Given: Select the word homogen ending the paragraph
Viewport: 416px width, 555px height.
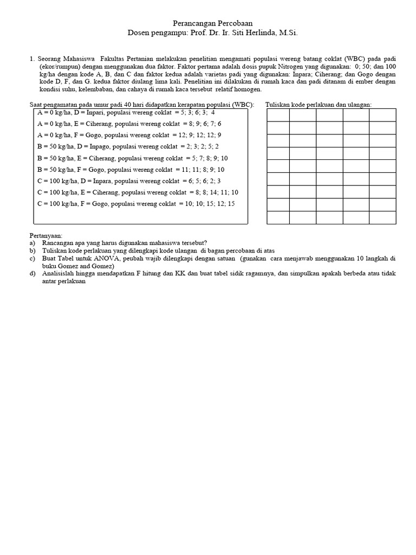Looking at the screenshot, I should coord(248,89).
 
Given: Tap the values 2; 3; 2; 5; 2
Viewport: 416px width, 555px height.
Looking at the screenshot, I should coord(201,147).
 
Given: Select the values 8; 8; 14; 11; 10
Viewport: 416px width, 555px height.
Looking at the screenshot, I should coord(215,192).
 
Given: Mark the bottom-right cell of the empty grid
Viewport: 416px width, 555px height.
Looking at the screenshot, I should coord(382,217).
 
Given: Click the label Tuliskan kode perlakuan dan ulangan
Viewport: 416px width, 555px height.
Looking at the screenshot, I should coord(318,105).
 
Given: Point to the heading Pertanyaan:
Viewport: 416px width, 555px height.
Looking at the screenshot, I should coord(46,236).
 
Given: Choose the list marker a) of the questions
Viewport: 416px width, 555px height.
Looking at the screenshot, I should coord(33,243).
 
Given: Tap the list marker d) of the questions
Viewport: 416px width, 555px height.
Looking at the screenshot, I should coord(33,274).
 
